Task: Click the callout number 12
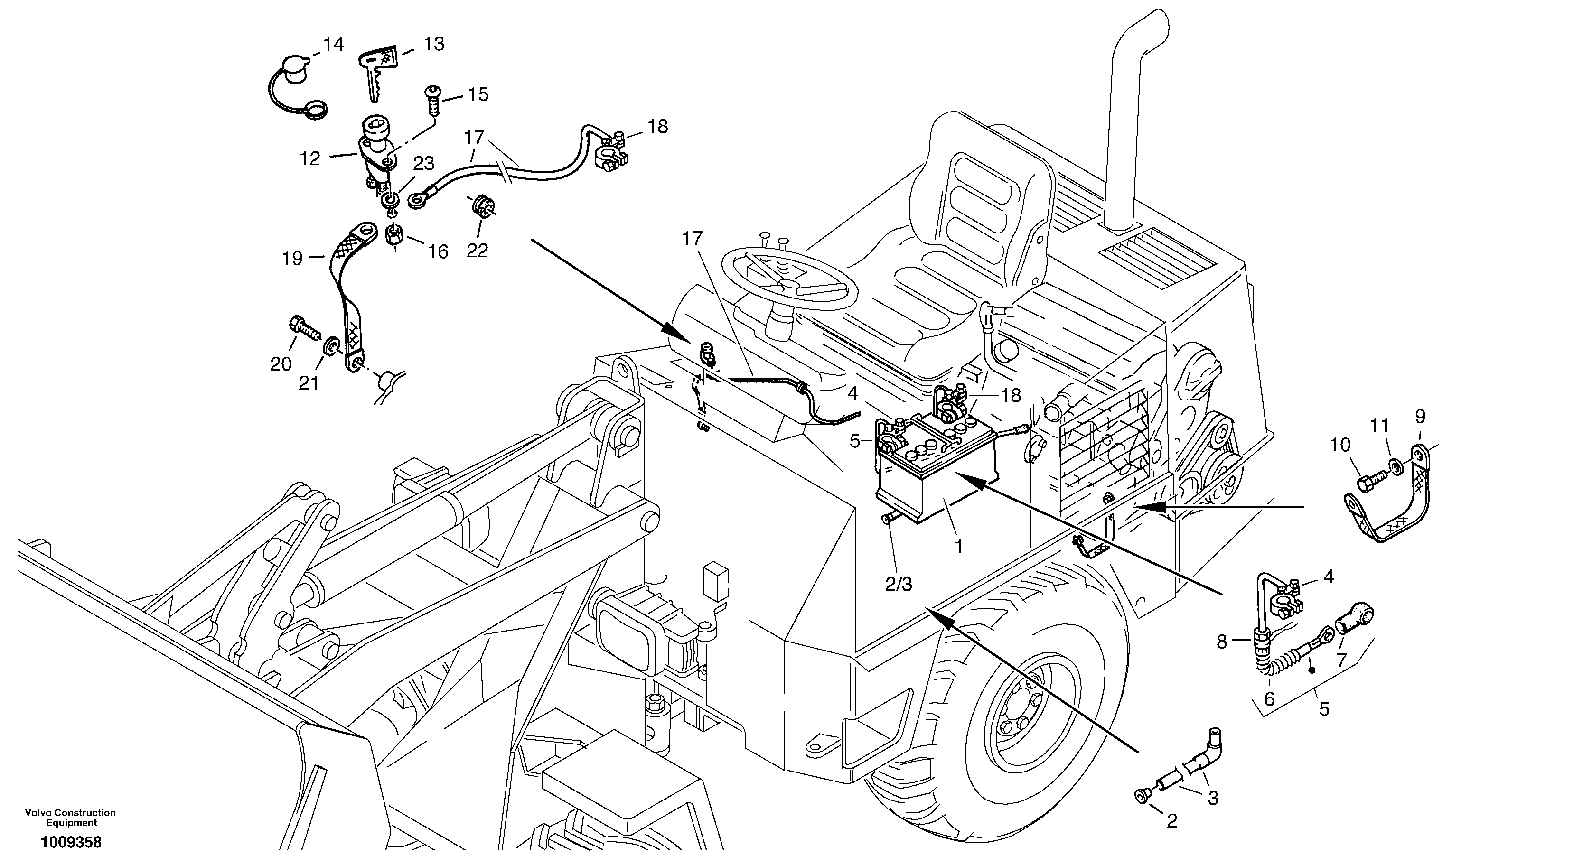[x=310, y=158]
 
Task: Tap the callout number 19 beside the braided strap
[x=292, y=259]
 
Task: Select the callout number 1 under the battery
[x=958, y=546]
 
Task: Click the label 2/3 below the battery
[x=899, y=584]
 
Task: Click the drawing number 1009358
[x=71, y=842]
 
